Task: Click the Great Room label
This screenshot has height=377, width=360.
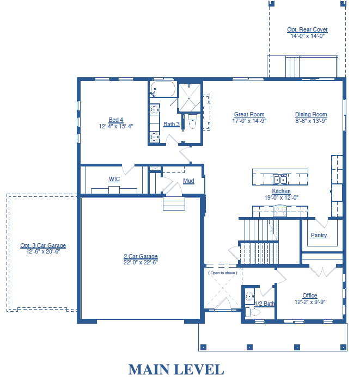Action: coord(249,114)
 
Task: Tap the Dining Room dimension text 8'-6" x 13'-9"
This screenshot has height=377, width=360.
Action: coord(311,121)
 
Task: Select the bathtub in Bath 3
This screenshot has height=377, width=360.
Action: coord(163,89)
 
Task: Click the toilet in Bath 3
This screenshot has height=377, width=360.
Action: coord(192,121)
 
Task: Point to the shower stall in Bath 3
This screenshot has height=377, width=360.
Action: coord(190,97)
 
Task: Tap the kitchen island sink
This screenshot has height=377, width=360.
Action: coord(280,180)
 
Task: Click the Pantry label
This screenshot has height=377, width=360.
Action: coord(319,235)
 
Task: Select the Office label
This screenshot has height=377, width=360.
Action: coord(310,295)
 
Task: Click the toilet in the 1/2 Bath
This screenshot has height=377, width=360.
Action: coord(253,313)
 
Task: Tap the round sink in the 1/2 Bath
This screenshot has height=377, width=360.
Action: coord(249,296)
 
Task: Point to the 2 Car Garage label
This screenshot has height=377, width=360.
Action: coord(141,256)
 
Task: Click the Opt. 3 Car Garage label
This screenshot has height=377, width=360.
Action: coord(43,245)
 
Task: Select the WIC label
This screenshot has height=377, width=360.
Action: coord(114,179)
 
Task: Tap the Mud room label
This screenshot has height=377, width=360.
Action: coord(188,181)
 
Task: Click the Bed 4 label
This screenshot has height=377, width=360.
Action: coord(116,120)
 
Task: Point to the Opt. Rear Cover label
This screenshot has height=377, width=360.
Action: coord(307,29)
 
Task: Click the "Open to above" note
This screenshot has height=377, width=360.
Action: coord(223,273)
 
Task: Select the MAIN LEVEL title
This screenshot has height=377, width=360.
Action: coord(176,369)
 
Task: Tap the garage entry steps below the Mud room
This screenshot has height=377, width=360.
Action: coord(174,203)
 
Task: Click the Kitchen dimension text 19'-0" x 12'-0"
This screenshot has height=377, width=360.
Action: coord(282,197)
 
